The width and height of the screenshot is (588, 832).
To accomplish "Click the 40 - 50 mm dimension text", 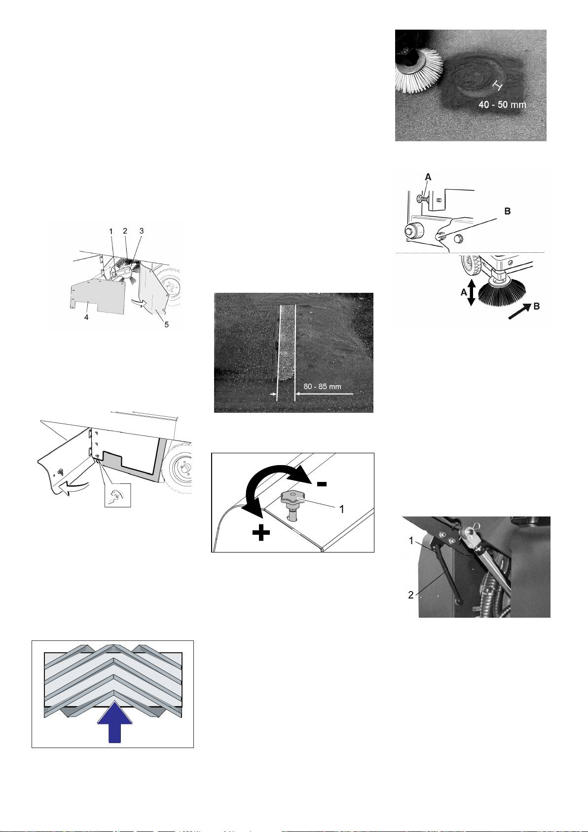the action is (502, 104).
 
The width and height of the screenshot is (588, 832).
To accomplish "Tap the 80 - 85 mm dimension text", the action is (322, 386).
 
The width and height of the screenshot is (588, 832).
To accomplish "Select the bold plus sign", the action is (261, 534).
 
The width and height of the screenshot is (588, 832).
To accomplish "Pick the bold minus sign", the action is (321, 484).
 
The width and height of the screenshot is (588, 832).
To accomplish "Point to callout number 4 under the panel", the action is (86, 317).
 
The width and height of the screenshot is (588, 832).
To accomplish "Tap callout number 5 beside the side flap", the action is (167, 324).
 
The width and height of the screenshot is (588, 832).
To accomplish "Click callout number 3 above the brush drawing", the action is (142, 231).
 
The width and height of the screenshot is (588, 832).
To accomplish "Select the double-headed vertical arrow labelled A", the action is (471, 293).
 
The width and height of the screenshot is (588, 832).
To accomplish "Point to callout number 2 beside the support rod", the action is (411, 594).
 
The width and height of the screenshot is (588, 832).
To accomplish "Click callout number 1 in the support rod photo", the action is (411, 541).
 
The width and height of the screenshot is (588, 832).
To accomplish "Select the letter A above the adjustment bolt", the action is (428, 177).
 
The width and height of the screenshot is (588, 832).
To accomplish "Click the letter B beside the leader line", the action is (508, 211).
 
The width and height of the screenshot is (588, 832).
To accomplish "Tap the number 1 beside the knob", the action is (342, 509).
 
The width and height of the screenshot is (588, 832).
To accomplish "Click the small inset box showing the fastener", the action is (117, 495).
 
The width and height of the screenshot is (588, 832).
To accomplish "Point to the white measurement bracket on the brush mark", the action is (497, 86).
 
